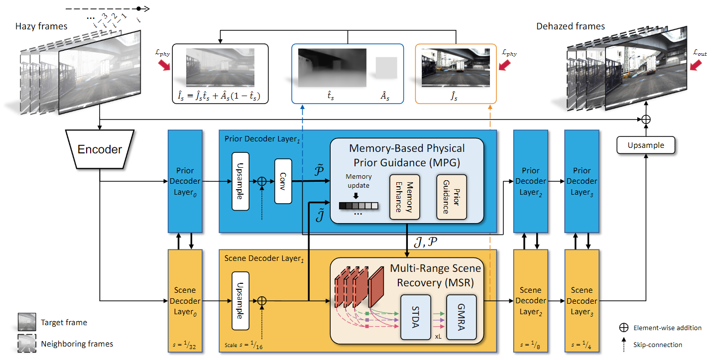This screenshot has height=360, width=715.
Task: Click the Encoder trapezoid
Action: [x=100, y=149]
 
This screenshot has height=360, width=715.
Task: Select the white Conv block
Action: [x=283, y=181]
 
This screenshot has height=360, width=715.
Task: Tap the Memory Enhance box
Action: [x=405, y=197]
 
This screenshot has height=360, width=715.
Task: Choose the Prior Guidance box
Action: [x=452, y=197]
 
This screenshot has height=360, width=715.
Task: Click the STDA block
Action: [x=416, y=317]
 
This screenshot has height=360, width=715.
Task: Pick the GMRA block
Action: [x=462, y=317]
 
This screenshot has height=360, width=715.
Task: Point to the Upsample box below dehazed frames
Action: [x=646, y=145]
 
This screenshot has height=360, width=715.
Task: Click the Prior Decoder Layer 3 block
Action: [x=582, y=181]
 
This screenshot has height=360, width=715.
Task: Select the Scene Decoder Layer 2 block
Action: [x=530, y=301]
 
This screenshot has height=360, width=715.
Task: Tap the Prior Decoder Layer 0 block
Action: [x=185, y=181]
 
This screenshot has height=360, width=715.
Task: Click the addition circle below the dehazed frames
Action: [x=646, y=120]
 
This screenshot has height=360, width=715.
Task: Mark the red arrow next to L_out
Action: [x=696, y=65]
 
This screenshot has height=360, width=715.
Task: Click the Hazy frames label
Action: [x=41, y=26]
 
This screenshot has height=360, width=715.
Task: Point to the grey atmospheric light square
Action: [x=386, y=68]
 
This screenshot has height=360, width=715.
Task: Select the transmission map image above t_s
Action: [x=332, y=68]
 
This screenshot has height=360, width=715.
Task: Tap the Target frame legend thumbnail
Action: [x=27, y=322]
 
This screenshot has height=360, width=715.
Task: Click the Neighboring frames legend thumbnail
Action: [x=27, y=344]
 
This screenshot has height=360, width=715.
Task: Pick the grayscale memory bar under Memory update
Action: [x=358, y=206]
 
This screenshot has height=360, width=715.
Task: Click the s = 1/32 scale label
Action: [x=185, y=345]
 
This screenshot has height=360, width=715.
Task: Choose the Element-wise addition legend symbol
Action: [x=624, y=328]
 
